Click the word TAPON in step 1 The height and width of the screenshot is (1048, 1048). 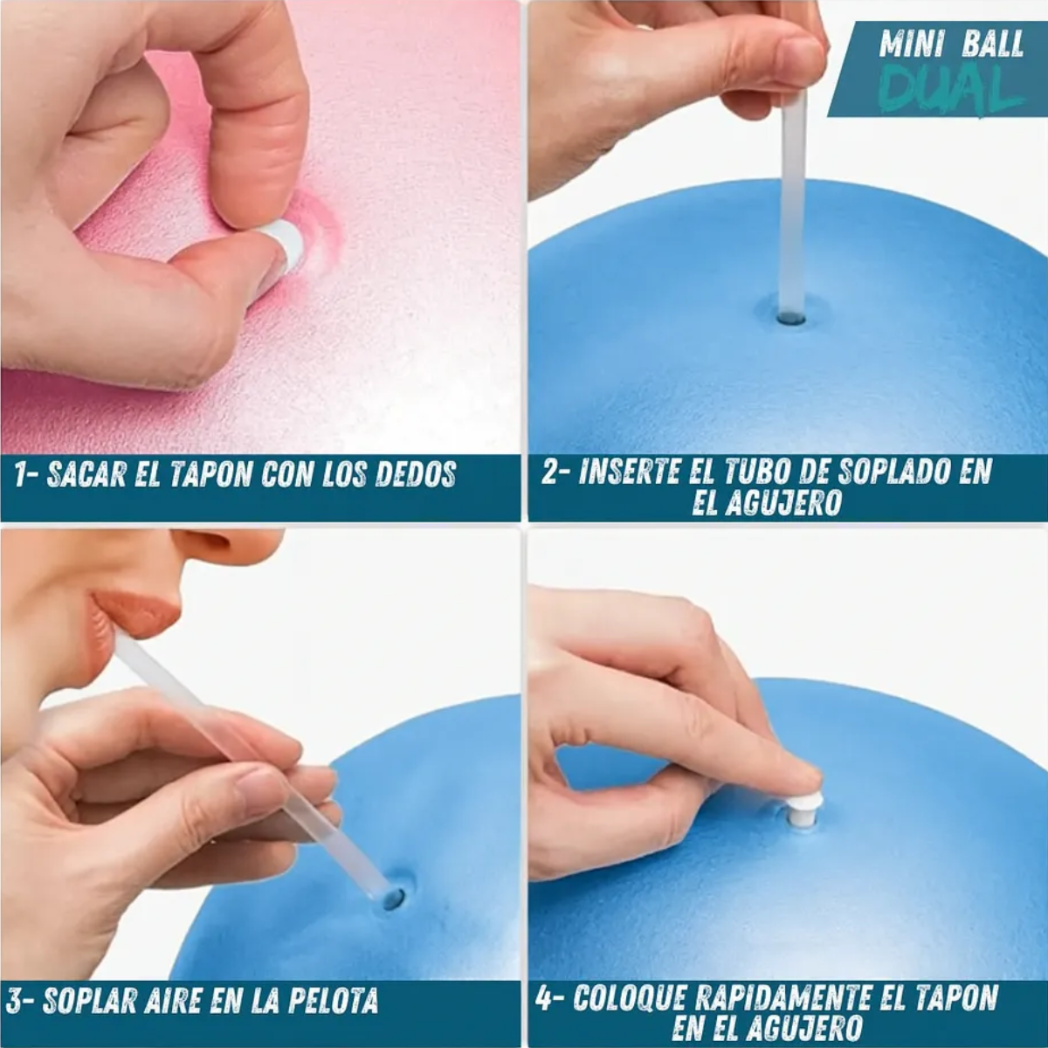click(210, 474)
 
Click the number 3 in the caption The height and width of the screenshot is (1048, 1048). click(14, 1000)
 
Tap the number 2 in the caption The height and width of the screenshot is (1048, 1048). click(550, 472)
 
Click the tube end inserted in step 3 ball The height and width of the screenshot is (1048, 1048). click(393, 899)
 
